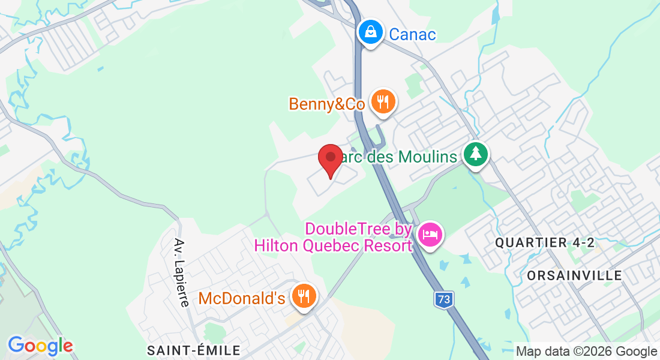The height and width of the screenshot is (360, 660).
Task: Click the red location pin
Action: (x=330, y=160)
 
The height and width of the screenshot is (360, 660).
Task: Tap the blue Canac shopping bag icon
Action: (x=371, y=32)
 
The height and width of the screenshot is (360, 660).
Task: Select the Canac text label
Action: (x=412, y=34)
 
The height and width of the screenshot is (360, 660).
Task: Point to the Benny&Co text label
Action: (x=326, y=104)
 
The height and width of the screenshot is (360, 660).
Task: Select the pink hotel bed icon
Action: (x=430, y=233)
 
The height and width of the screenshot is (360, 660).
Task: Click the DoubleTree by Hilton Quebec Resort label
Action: (x=334, y=237)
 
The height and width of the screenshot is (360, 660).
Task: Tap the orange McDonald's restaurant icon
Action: (x=304, y=295)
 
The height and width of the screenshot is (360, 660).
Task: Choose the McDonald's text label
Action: (x=241, y=298)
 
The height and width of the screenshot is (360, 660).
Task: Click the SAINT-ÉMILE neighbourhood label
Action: (x=194, y=350)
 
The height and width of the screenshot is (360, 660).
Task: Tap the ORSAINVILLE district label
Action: (x=574, y=275)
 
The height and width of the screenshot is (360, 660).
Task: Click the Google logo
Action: (x=40, y=346)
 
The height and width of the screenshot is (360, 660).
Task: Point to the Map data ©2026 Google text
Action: (x=587, y=351)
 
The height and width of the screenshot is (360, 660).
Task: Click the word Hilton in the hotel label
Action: (x=281, y=245)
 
